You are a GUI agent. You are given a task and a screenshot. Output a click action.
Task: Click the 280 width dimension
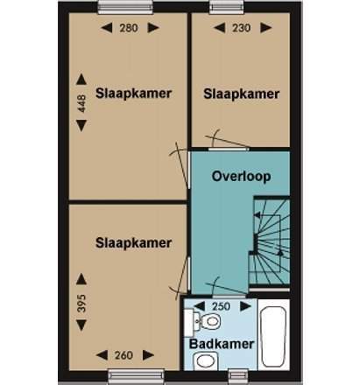click(x=129, y=28)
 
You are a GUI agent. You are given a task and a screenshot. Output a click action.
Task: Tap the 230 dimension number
click(x=242, y=28)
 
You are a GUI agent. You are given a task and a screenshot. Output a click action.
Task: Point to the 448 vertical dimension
click(x=81, y=103)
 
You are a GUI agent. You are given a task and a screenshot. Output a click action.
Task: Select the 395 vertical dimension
click(x=81, y=304)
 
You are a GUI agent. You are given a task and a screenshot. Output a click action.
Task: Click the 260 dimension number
click(x=124, y=355)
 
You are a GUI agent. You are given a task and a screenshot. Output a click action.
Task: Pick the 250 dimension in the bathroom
click(x=221, y=306)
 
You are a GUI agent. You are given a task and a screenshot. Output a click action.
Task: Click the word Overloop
click(x=241, y=177)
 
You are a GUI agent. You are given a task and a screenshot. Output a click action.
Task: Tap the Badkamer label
click(x=222, y=344)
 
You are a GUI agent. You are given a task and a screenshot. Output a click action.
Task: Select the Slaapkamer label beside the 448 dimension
click(x=133, y=94)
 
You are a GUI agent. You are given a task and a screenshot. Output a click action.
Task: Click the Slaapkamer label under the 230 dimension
click(x=242, y=94)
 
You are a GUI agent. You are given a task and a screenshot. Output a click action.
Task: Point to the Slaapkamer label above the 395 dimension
click(x=133, y=243)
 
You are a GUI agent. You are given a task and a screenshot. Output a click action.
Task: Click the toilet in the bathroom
click(x=207, y=321)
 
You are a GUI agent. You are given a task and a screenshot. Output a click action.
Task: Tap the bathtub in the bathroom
click(x=273, y=336)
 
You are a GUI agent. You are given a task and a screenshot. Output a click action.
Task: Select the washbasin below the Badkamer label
click(x=206, y=360)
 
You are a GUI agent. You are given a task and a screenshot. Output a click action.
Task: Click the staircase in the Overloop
click(x=269, y=241)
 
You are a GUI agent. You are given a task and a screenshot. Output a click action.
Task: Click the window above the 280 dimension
click(x=125, y=7)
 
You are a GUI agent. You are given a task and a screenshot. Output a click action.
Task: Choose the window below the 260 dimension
click(x=136, y=376)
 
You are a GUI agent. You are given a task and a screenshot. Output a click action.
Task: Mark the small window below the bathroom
click(x=238, y=376)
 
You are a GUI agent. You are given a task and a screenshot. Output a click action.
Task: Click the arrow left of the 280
click(x=107, y=28)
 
